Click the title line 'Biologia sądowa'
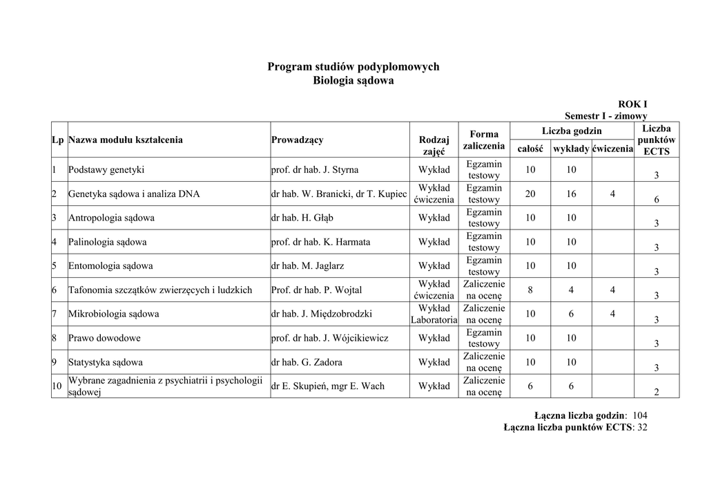click(353, 81)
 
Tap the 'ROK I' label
click(632, 104)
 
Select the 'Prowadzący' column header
click(297, 140)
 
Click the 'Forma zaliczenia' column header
click(483, 140)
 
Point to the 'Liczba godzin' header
click(572, 131)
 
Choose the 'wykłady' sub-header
click(571, 149)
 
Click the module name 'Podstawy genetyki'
click(106, 169)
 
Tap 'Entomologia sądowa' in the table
click(110, 265)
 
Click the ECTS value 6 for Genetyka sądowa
click(656, 200)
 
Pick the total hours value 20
click(530, 194)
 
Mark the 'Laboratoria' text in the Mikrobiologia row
click(434, 320)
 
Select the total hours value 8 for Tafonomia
click(530, 290)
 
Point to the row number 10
click(57, 386)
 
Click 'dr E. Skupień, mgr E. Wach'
click(328, 386)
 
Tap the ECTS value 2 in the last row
click(656, 392)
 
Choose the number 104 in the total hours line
click(639, 415)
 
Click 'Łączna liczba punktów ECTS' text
click(568, 428)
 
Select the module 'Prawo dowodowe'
click(104, 338)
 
